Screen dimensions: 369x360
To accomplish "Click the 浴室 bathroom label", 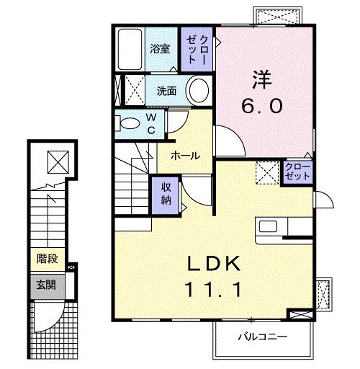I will (160, 49).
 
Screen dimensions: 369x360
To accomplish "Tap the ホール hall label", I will (185, 155).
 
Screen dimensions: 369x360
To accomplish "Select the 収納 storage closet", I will (166, 192).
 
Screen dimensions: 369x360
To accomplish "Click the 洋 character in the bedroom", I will (260, 76).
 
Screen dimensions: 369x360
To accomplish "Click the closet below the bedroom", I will (297, 173).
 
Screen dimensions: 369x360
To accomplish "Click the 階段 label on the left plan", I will (47, 258).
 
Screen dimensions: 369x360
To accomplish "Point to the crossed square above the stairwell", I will (55, 161).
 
